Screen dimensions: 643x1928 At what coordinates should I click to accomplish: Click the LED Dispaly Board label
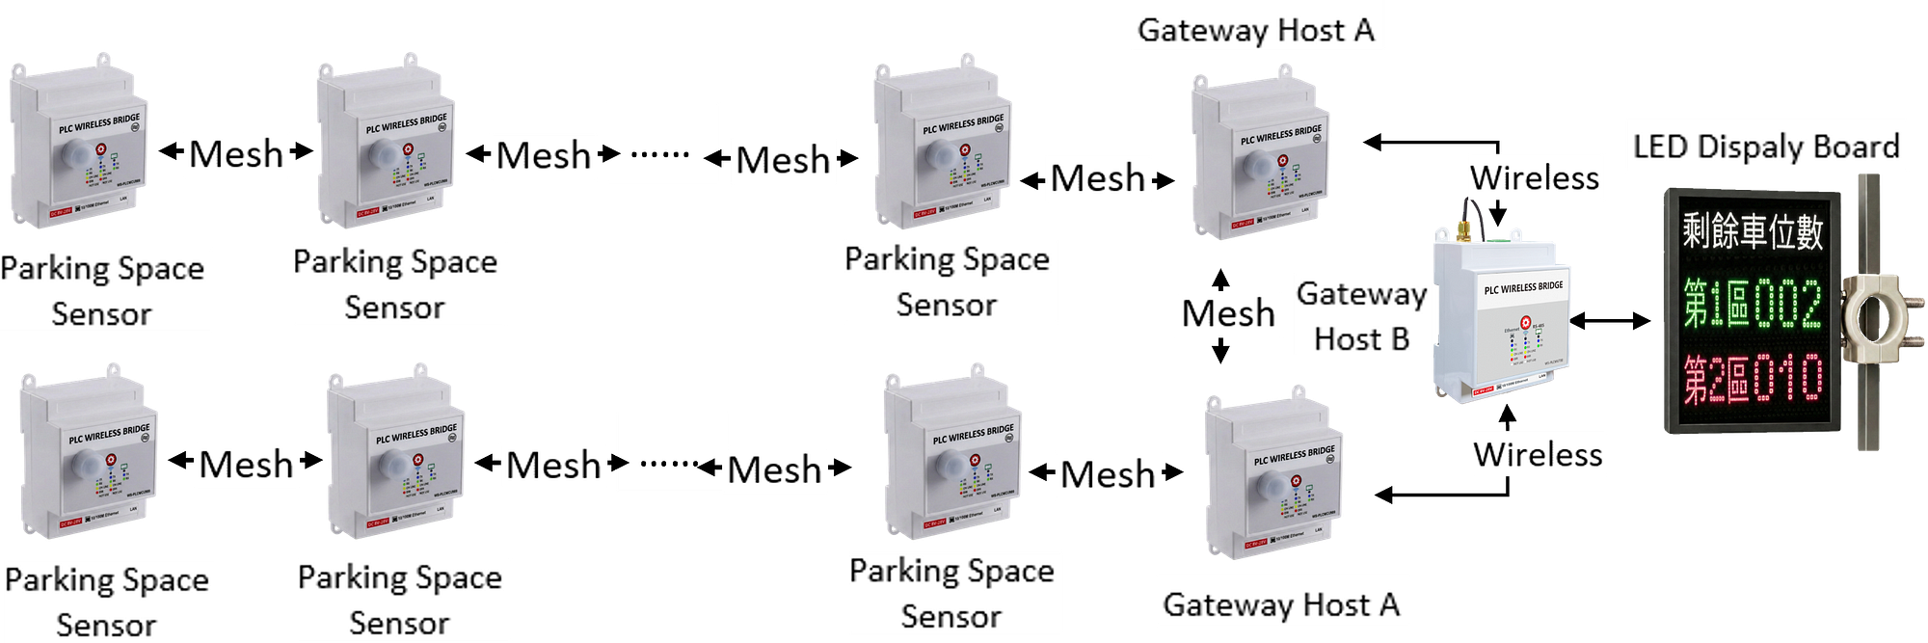point(1766,147)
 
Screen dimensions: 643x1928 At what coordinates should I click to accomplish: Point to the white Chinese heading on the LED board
point(1753,231)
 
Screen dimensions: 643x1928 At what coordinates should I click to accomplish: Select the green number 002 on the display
point(1787,305)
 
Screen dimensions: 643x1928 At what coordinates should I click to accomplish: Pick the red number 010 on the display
point(1788,378)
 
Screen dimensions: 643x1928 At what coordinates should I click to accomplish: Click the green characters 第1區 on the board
point(1716,305)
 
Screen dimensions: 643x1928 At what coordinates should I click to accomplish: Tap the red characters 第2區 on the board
point(1716,379)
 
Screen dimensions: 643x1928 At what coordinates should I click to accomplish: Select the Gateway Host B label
point(1361,315)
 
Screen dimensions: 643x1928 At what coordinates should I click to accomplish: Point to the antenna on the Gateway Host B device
point(1466,216)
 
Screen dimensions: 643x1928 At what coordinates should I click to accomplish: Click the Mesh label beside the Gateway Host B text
point(1228,313)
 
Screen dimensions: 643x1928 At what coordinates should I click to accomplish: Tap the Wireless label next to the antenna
point(1535,177)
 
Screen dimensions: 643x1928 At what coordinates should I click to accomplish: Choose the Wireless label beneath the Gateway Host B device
point(1538,454)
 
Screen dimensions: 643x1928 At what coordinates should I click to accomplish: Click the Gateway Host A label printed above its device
point(1256,30)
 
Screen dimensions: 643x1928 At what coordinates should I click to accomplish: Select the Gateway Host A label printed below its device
point(1281,604)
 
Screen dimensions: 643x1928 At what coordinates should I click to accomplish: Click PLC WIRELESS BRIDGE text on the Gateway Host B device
point(1523,287)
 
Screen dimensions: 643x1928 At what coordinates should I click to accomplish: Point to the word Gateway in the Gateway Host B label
point(1361,293)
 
